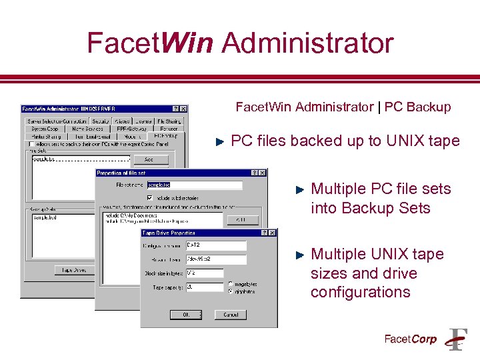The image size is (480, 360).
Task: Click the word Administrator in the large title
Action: [308, 43]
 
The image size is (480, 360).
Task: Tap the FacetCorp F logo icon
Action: [457, 339]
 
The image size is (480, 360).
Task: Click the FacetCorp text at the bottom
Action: [411, 339]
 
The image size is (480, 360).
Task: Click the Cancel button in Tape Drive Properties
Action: [231, 314]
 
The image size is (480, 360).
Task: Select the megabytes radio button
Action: [231, 284]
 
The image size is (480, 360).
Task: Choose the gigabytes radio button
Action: [231, 291]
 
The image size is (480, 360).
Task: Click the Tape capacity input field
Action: [204, 287]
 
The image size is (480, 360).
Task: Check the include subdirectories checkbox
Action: [151, 197]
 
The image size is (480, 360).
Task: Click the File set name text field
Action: [194, 185]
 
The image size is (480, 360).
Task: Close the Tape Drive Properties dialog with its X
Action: [273, 233]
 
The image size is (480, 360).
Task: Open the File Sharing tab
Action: [169, 121]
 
